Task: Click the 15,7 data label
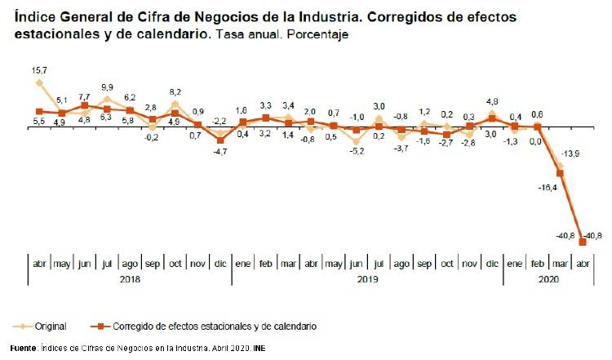[38, 71]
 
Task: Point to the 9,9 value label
[107, 87]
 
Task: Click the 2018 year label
[130, 278]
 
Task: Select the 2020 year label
[548, 278]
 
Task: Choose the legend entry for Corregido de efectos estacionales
[215, 326]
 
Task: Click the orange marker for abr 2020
[583, 242]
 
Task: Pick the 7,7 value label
[84, 96]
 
